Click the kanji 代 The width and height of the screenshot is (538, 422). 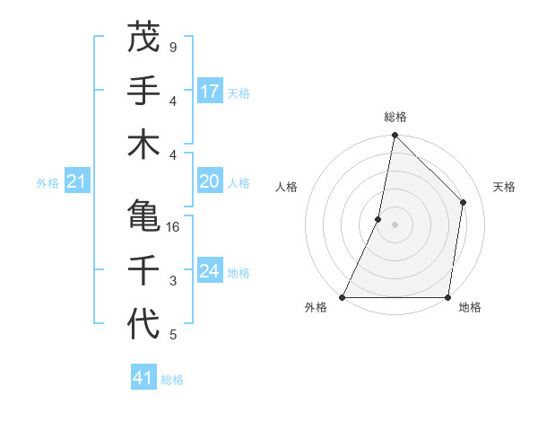point(143,323)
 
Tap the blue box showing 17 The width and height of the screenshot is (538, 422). point(210,92)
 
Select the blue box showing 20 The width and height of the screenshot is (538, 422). point(210,182)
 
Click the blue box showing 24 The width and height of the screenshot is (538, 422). point(210,272)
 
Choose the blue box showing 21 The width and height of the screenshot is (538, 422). point(76,182)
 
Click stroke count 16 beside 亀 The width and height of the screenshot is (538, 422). point(174,227)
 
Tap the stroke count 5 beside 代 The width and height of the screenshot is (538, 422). point(172,335)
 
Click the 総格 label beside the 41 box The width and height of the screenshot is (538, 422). point(172,380)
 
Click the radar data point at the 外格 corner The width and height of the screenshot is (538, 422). point(343,297)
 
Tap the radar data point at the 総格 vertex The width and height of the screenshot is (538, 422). point(395,136)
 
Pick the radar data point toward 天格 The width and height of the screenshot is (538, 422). point(464,202)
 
